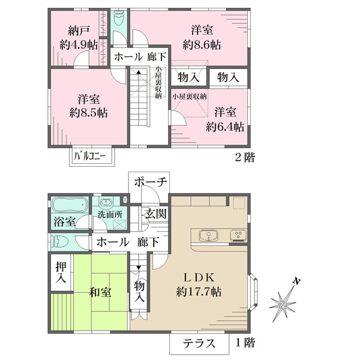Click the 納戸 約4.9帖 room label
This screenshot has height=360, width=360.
[x=79, y=38]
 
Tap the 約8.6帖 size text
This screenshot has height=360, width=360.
[x=202, y=45]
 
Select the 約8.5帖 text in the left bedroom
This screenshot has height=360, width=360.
[x=89, y=113]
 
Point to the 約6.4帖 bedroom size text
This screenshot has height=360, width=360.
[x=225, y=127]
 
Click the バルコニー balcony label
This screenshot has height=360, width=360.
[x=89, y=157]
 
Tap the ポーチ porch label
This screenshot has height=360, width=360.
[x=151, y=182]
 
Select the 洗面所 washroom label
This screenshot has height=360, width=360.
[x=110, y=215]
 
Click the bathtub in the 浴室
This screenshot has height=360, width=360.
[x=70, y=205]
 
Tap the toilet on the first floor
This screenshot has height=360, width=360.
[x=59, y=242]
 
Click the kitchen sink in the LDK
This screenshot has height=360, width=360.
[x=209, y=236]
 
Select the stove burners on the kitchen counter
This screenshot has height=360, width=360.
[x=239, y=235]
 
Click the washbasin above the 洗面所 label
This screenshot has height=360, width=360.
[x=106, y=203]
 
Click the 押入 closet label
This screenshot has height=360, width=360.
[x=61, y=272]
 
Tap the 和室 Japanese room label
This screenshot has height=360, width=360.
[x=100, y=292]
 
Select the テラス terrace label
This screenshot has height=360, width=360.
[x=199, y=344]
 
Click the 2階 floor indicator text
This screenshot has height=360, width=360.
[x=245, y=157]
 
